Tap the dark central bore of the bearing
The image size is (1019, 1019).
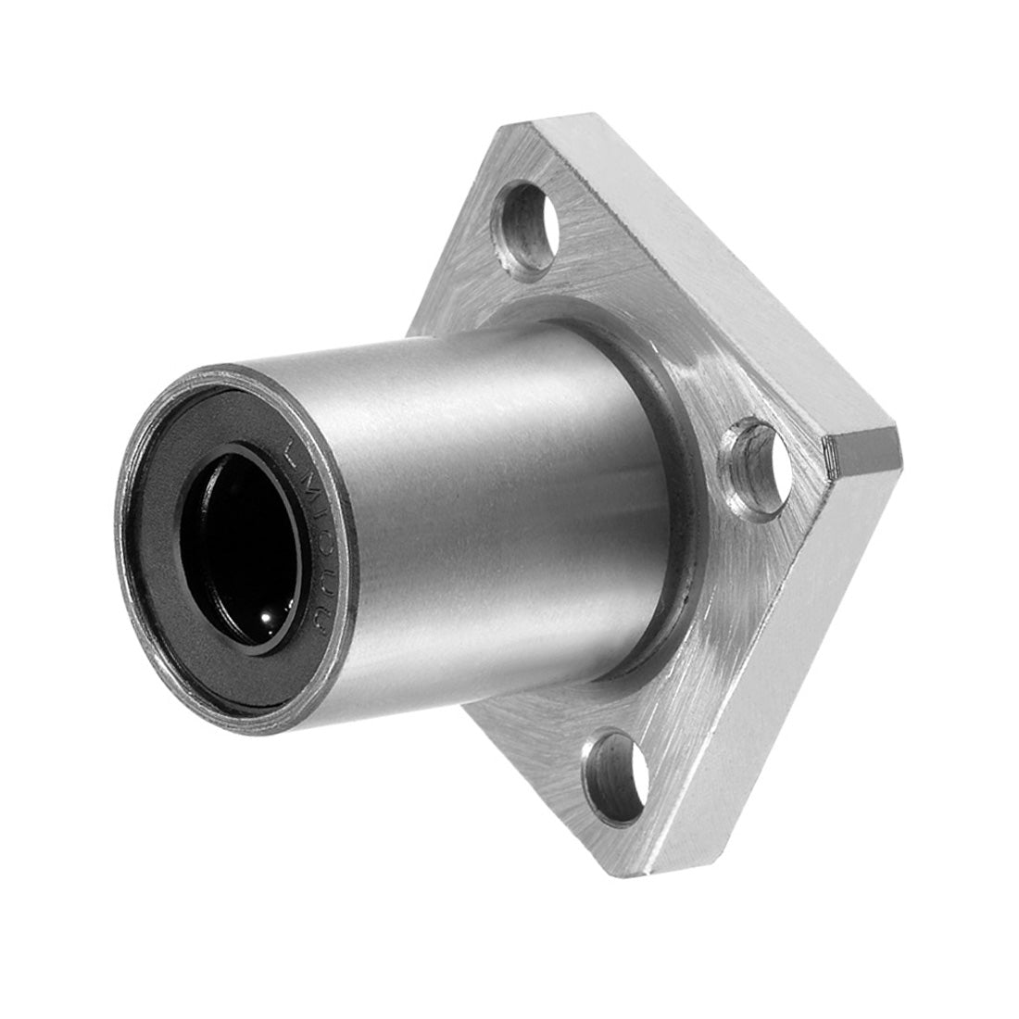(x=239, y=547)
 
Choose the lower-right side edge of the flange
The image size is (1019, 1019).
(x=778, y=667)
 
